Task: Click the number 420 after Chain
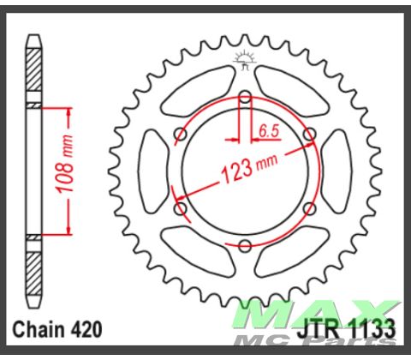click(87, 330)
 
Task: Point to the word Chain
click(39, 330)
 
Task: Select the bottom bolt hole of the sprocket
click(245, 247)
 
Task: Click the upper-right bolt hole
click(310, 133)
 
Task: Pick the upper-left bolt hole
click(179, 133)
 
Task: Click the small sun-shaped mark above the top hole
click(245, 59)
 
